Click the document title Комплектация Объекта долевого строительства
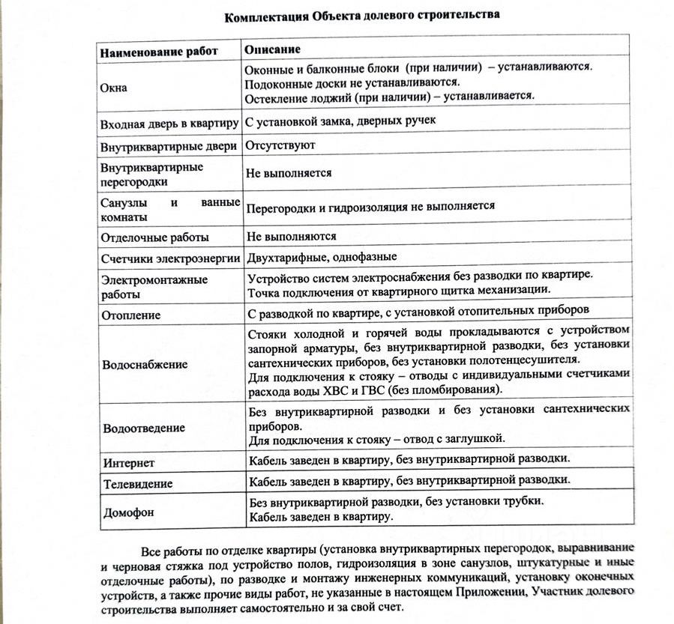click(x=361, y=15)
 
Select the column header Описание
click(x=273, y=49)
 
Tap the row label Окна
click(x=114, y=88)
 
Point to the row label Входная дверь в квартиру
click(x=169, y=122)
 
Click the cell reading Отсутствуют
click(x=280, y=145)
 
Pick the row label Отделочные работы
click(x=154, y=237)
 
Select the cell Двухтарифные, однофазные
click(x=322, y=258)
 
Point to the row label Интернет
click(x=129, y=463)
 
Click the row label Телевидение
click(x=138, y=484)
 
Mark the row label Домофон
click(x=127, y=513)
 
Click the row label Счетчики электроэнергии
click(x=169, y=259)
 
